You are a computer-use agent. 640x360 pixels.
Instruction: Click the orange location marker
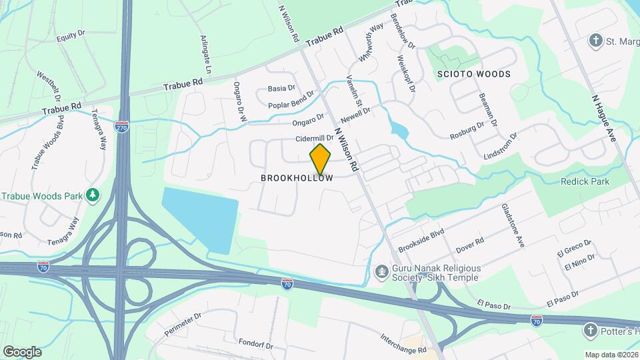click(x=321, y=159)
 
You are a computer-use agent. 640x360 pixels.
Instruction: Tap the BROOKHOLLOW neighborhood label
click(x=297, y=178)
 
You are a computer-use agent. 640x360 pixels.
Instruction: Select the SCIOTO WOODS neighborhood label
click(x=473, y=74)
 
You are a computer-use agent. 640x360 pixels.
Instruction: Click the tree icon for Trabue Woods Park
click(x=93, y=195)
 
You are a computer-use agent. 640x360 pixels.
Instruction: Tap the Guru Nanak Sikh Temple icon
click(x=381, y=271)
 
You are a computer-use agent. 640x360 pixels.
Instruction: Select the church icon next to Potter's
click(x=589, y=330)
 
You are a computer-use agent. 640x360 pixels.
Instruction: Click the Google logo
click(x=22, y=352)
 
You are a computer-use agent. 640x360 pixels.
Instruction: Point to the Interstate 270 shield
click(x=121, y=127)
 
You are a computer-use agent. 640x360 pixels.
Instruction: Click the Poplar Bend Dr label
click(x=291, y=105)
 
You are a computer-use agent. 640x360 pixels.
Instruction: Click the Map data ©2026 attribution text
click(x=610, y=355)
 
